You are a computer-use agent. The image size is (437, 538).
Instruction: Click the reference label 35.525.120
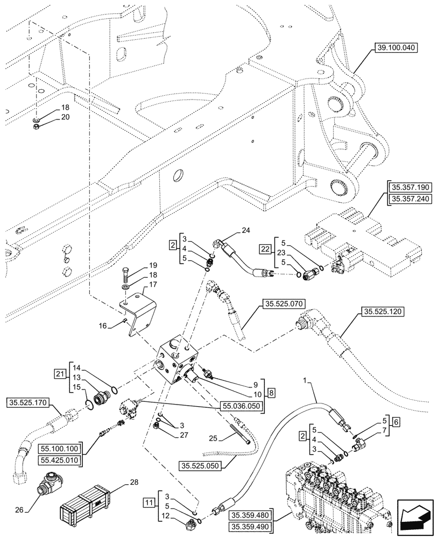click(383, 312)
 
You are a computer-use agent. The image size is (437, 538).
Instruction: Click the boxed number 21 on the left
click(59, 373)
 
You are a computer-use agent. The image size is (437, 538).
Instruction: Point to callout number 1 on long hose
click(306, 381)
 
